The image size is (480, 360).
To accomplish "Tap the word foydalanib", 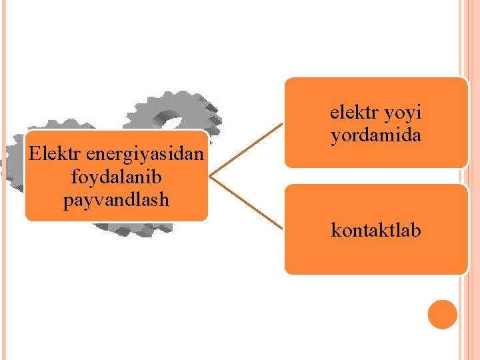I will point(117,178).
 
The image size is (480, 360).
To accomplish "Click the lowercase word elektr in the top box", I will point(353,113).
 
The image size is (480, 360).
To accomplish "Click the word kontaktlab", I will point(376,231).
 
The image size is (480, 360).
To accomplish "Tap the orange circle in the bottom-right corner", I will point(443,314).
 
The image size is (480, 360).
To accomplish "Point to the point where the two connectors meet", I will point(211,176).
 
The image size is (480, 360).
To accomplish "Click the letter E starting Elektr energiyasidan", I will point(35,156).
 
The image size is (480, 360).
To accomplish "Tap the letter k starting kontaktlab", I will point(335,231).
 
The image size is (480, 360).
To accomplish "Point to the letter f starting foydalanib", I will point(72,178).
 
